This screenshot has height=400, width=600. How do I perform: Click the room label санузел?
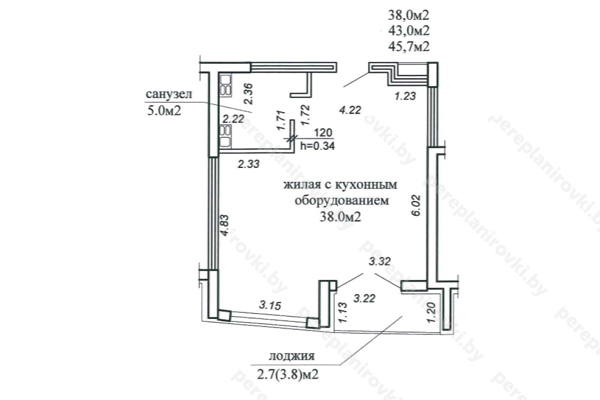coord(169,94)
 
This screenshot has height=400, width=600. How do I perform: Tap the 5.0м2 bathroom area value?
coord(164,110)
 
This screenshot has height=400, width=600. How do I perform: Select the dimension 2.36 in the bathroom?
coord(248,94)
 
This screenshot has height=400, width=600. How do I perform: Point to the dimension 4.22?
coord(350,110)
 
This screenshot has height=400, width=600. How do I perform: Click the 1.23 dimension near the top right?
coord(405,96)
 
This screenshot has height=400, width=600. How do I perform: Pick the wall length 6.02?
coord(417,205)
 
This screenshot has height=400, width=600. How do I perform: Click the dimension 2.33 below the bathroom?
coord(249,164)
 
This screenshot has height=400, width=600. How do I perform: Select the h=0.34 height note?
coord(317,146)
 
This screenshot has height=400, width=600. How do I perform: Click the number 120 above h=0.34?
coord(323,133)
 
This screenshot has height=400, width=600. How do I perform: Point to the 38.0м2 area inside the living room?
coord(340,217)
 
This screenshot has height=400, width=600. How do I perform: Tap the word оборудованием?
coord(342,200)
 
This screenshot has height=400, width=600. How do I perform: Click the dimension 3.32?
coord(380,261)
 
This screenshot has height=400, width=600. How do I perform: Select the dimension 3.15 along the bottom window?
coord(270,305)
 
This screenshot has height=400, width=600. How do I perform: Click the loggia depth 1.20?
coord(432,312)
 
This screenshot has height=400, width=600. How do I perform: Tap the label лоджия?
coord(292,356)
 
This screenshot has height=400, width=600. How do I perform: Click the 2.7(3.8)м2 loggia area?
coord(288,374)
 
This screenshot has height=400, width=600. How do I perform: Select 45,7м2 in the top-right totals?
coord(409,46)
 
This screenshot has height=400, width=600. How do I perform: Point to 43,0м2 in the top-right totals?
coord(409,30)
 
